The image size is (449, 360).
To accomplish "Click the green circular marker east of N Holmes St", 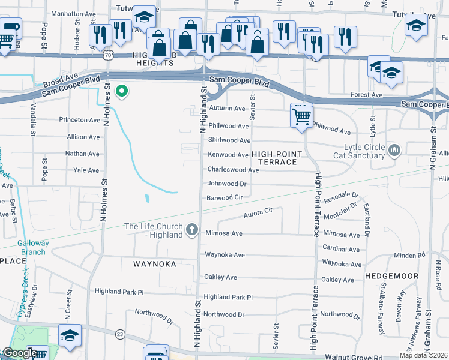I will [122, 91].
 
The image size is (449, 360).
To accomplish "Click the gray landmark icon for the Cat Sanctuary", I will [394, 149].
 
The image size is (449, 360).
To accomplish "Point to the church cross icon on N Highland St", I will [192, 229].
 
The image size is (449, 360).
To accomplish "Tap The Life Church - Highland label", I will [153, 230].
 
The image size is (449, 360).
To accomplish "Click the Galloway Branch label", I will [31, 247].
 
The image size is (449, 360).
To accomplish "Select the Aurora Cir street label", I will [258, 212].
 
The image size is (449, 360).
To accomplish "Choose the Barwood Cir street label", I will [224, 197].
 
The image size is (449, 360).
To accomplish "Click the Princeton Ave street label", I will [79, 120].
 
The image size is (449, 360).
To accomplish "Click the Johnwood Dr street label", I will [227, 184].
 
